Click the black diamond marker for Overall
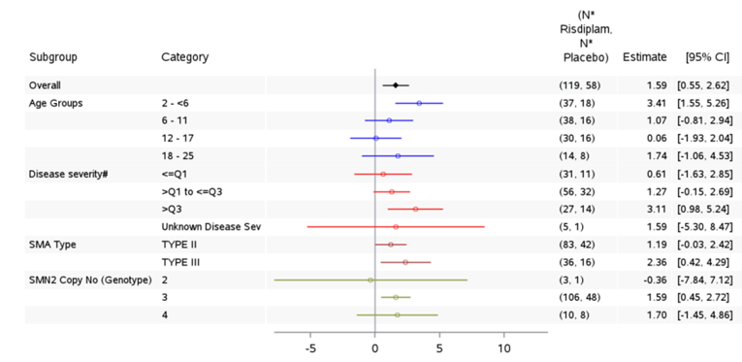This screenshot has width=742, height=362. pos(396,85)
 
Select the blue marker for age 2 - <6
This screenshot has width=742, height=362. pos(419,103)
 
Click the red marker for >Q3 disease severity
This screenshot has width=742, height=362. pos(415,209)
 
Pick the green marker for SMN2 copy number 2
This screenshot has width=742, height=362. pos(371,280)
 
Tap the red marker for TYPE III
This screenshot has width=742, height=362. pos(405,262)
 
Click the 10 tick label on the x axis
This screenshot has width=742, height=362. pos(503,347)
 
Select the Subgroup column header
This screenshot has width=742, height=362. pos(53,57)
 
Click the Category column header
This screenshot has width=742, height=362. pos(184,57)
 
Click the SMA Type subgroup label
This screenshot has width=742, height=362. pos(52,245)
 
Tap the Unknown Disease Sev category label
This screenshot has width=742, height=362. pos(211,227)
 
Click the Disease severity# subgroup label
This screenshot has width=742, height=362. pos(68,174)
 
